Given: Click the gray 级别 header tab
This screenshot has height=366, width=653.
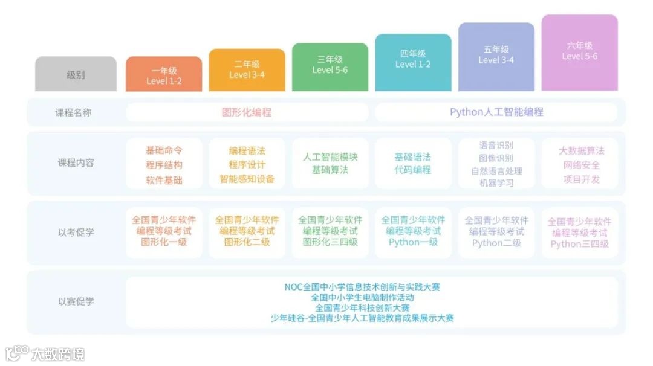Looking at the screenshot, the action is coord(76,75).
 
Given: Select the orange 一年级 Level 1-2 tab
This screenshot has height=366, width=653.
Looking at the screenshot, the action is coord(163,75).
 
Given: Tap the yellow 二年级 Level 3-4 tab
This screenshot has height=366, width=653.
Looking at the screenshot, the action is coord(247,69).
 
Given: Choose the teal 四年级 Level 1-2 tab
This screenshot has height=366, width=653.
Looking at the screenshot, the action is coord(413,59).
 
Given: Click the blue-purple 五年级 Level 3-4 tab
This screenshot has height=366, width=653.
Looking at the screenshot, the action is coord(496,54).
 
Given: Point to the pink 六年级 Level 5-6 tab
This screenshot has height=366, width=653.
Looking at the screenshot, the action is coord(579,51).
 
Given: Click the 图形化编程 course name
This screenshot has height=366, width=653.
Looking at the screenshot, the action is coord(246,112).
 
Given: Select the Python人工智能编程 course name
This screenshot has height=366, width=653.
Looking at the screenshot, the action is coord(496,112).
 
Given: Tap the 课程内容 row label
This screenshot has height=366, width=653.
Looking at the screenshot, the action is coord(76,163).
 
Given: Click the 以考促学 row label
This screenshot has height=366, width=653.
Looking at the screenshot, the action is coord(76,232).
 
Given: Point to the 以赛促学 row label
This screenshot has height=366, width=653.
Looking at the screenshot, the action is coord(76,301).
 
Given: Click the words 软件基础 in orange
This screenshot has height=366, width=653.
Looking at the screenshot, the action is coord(164,180).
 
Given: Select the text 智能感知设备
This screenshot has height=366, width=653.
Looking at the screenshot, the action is coord(247,179).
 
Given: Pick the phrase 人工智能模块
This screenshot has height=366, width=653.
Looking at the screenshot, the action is coord(330,157).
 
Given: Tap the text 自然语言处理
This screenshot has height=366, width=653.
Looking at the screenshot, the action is coord(496,171).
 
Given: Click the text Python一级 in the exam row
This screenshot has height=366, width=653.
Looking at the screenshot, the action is coord(413,242).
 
